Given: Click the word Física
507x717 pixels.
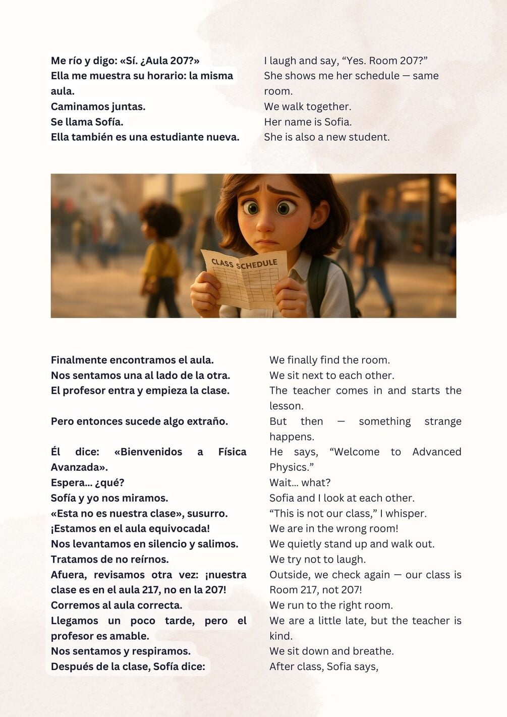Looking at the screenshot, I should coord(232,452).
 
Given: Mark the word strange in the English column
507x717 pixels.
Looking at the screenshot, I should coord(442,421).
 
